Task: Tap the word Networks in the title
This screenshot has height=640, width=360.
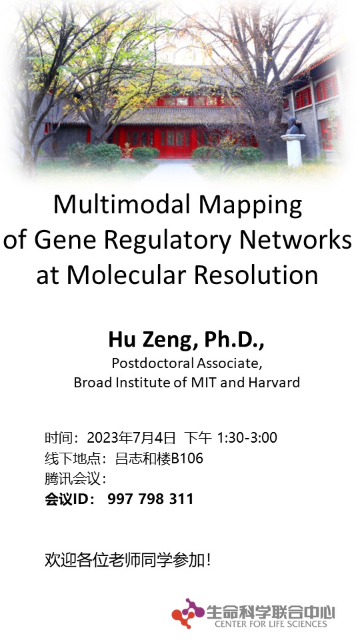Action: pyautogui.click(x=295, y=239)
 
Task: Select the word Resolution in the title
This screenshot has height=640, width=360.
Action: pyautogui.click(x=256, y=275)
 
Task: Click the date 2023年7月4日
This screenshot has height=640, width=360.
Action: pyautogui.click(x=131, y=437)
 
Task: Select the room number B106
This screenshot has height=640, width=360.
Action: pyautogui.click(x=187, y=459)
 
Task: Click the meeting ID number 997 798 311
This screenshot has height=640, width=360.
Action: pyautogui.click(x=150, y=499)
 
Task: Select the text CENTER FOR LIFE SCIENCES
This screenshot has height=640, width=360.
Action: pyautogui.click(x=271, y=624)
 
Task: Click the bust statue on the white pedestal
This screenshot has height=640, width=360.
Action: pyautogui.click(x=293, y=126)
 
